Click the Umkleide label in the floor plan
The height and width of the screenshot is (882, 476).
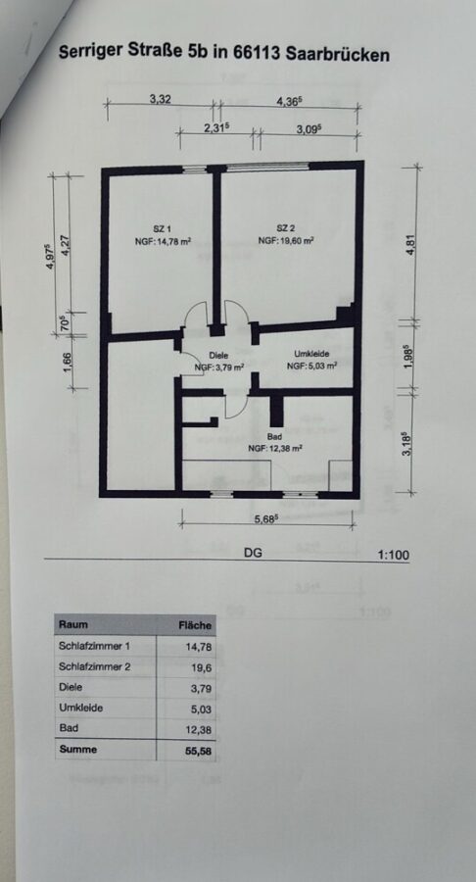coord(311,353)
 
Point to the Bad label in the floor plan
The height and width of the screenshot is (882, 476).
coord(275,436)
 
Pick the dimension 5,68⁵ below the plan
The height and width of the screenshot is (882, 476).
coord(267,519)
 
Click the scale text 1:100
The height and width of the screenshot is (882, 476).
coord(393,556)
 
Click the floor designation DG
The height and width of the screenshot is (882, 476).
coord(253,553)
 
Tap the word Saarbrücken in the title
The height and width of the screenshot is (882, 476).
coord(337,55)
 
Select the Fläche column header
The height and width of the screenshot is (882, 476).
coord(195,625)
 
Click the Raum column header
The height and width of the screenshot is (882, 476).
coord(73,624)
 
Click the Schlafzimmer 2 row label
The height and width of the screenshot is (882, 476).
coord(94,667)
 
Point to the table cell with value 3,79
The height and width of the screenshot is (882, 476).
coord(202,688)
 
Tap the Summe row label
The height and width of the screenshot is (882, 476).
coord(78,750)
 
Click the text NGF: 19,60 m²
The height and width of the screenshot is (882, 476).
coord(285,240)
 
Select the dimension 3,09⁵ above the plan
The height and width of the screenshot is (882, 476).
coord(309,128)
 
